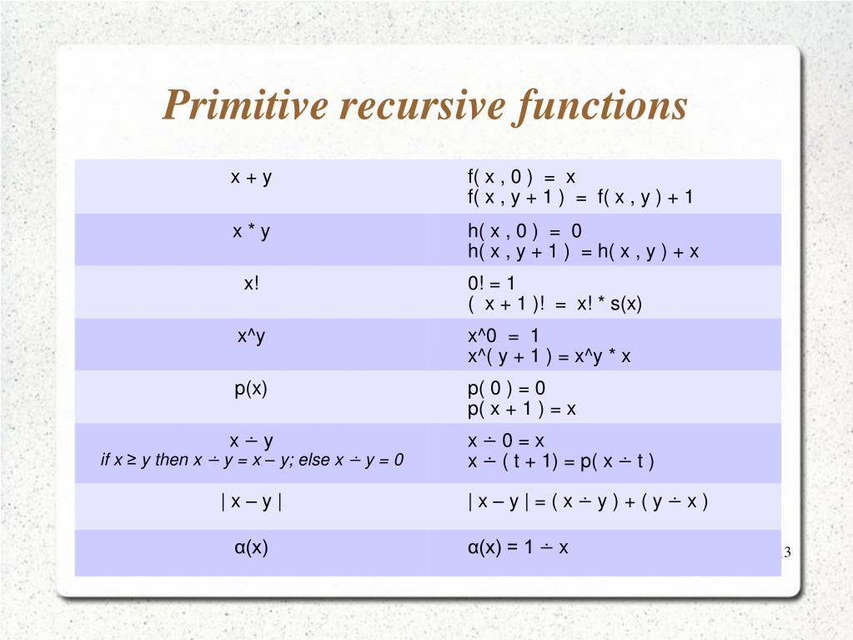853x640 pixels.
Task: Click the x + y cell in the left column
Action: [251, 177]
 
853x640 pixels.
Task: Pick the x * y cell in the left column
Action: [251, 232]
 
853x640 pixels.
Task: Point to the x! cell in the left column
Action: [251, 284]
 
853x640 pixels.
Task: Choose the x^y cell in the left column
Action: [251, 336]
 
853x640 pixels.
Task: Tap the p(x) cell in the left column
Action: [251, 389]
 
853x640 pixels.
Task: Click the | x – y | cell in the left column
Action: [251, 502]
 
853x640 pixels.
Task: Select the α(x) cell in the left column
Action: [251, 548]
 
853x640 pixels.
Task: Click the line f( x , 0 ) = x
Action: [521, 177]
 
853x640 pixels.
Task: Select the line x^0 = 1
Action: [504, 336]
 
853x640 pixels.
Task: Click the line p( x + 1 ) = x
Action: [522, 410]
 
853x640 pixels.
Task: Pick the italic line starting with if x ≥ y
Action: [251, 460]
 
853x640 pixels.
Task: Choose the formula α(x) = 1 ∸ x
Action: [518, 548]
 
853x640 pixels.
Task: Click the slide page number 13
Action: [785, 553]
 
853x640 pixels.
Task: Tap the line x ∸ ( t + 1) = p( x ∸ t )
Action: [561, 461]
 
